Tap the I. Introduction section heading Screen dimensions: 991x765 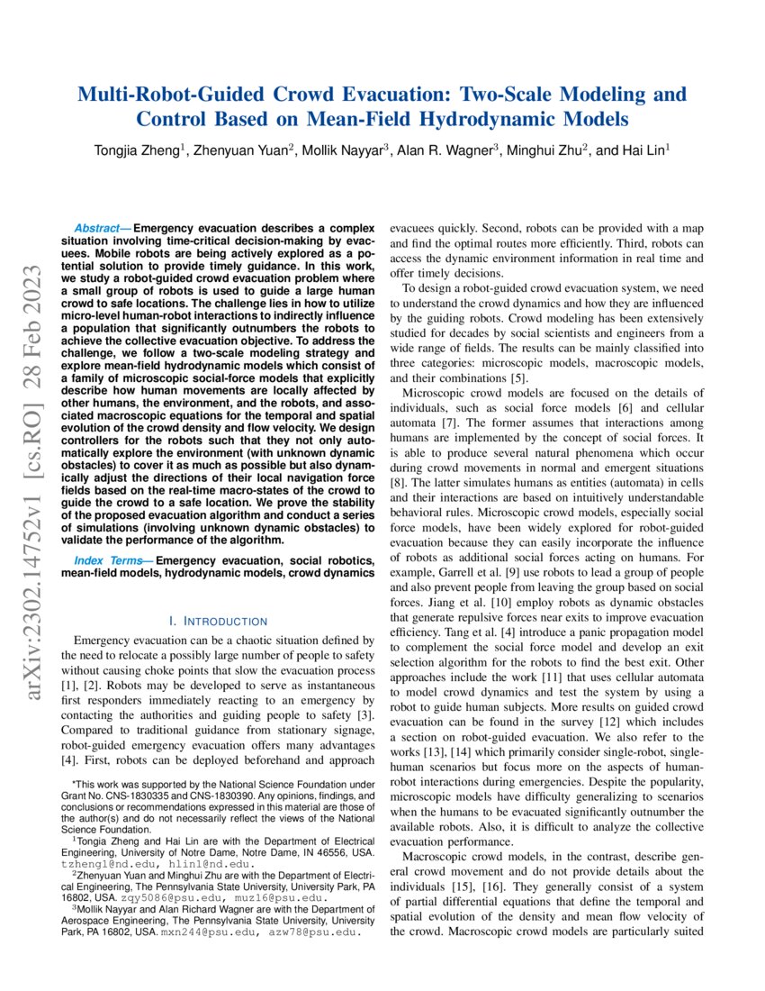click(x=219, y=622)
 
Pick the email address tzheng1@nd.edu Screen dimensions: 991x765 click(x=99, y=863)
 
